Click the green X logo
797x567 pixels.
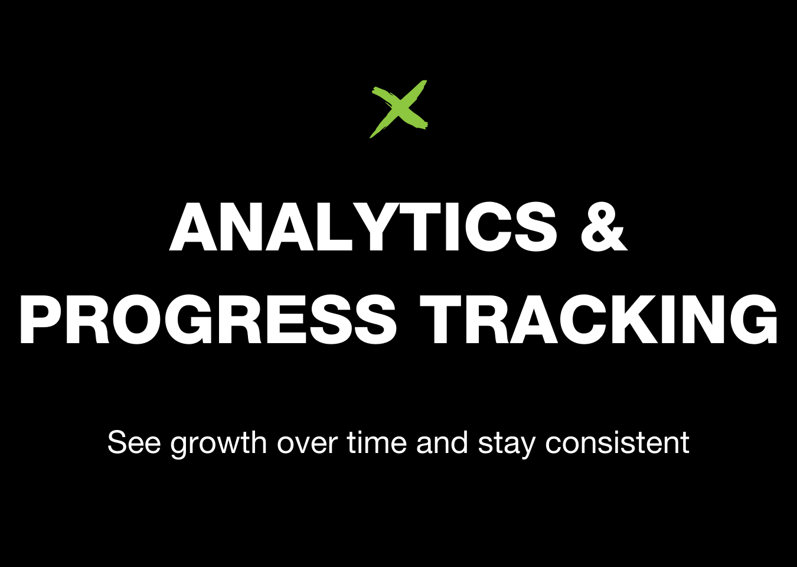click(x=398, y=109)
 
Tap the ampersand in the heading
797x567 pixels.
click(x=604, y=227)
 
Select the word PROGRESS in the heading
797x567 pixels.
click(x=208, y=320)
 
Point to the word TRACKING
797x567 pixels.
click(x=599, y=320)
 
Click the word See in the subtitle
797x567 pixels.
click(x=134, y=442)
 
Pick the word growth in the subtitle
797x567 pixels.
click(x=218, y=445)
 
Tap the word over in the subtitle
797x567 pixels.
click(x=307, y=445)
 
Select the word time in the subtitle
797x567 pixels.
click(x=377, y=442)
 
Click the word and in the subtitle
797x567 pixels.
click(x=442, y=442)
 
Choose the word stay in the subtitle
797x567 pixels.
click(x=507, y=445)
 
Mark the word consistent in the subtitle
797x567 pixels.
click(x=618, y=442)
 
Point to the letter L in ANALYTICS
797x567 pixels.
click(x=335, y=227)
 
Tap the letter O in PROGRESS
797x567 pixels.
click(x=136, y=320)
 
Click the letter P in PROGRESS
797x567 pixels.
click(x=41, y=320)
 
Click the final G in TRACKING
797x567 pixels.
click(x=753, y=320)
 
